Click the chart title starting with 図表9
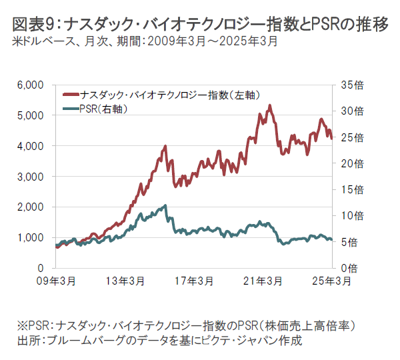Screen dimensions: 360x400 pos(200,25)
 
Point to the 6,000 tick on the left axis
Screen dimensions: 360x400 pos(31,85)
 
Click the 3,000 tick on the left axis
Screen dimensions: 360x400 pos(31,176)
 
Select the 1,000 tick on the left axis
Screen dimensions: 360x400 pos(31,237)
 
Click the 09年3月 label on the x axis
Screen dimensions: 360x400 pos(56,281)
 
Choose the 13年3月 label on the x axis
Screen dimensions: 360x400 pos(127,281)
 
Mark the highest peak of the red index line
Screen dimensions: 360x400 pos(270,105)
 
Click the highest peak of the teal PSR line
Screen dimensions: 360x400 pos(165,205)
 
